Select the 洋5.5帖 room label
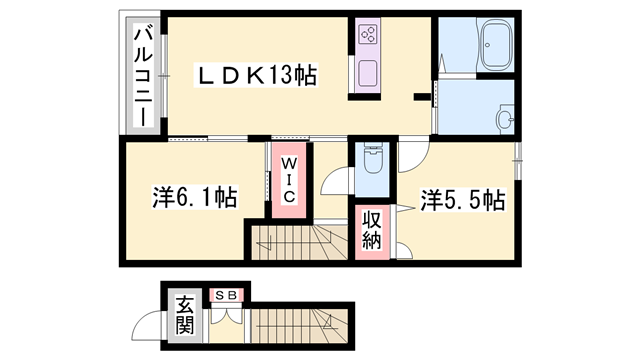pos(461,199)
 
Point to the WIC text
pos(287,179)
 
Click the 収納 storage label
pos(372,229)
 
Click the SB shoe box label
pos(225,294)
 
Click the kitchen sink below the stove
pos(366,74)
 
